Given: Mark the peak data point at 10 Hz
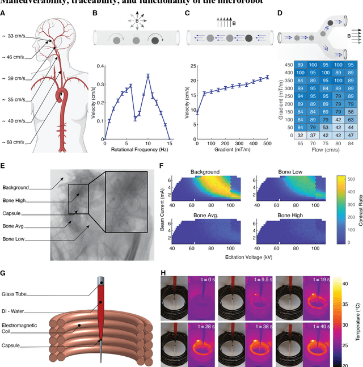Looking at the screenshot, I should (x=148, y=75).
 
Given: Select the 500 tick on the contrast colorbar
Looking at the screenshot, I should (x=344, y=179).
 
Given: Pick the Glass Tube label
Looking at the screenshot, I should (x=18, y=294).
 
